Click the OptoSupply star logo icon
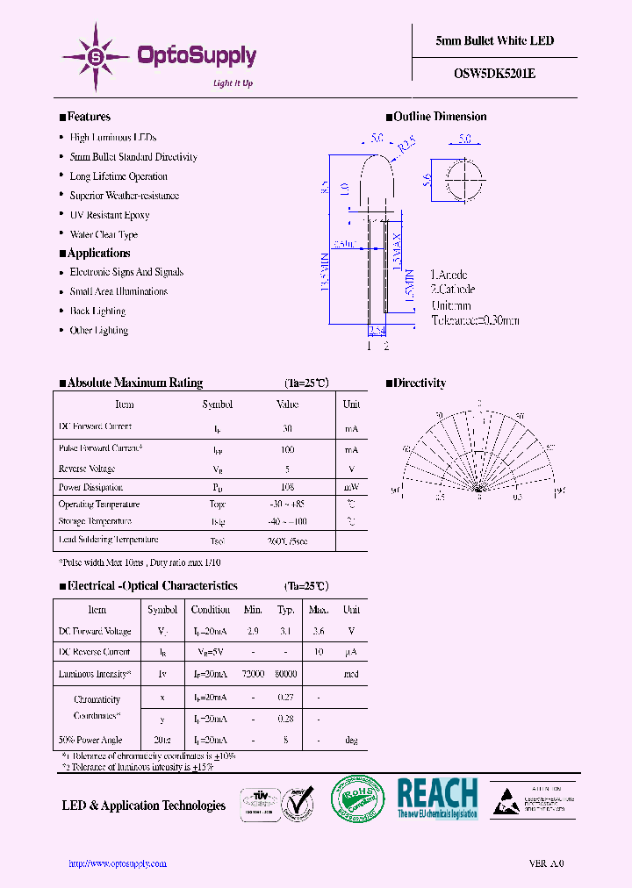(95, 57)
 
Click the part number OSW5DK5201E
(495, 74)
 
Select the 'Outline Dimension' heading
(440, 117)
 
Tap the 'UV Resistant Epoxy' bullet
(110, 215)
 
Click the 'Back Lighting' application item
(97, 312)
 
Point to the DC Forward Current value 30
(287, 428)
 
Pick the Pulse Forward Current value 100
(287, 448)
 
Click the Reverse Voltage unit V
(351, 469)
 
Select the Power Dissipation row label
(90, 487)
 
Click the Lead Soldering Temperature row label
(108, 541)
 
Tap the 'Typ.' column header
(286, 610)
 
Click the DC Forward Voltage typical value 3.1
(286, 632)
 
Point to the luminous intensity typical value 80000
(286, 674)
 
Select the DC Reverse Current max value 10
(319, 652)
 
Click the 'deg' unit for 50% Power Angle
(351, 741)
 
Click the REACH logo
(437, 798)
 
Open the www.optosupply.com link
(118, 863)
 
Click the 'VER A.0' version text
(546, 863)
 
